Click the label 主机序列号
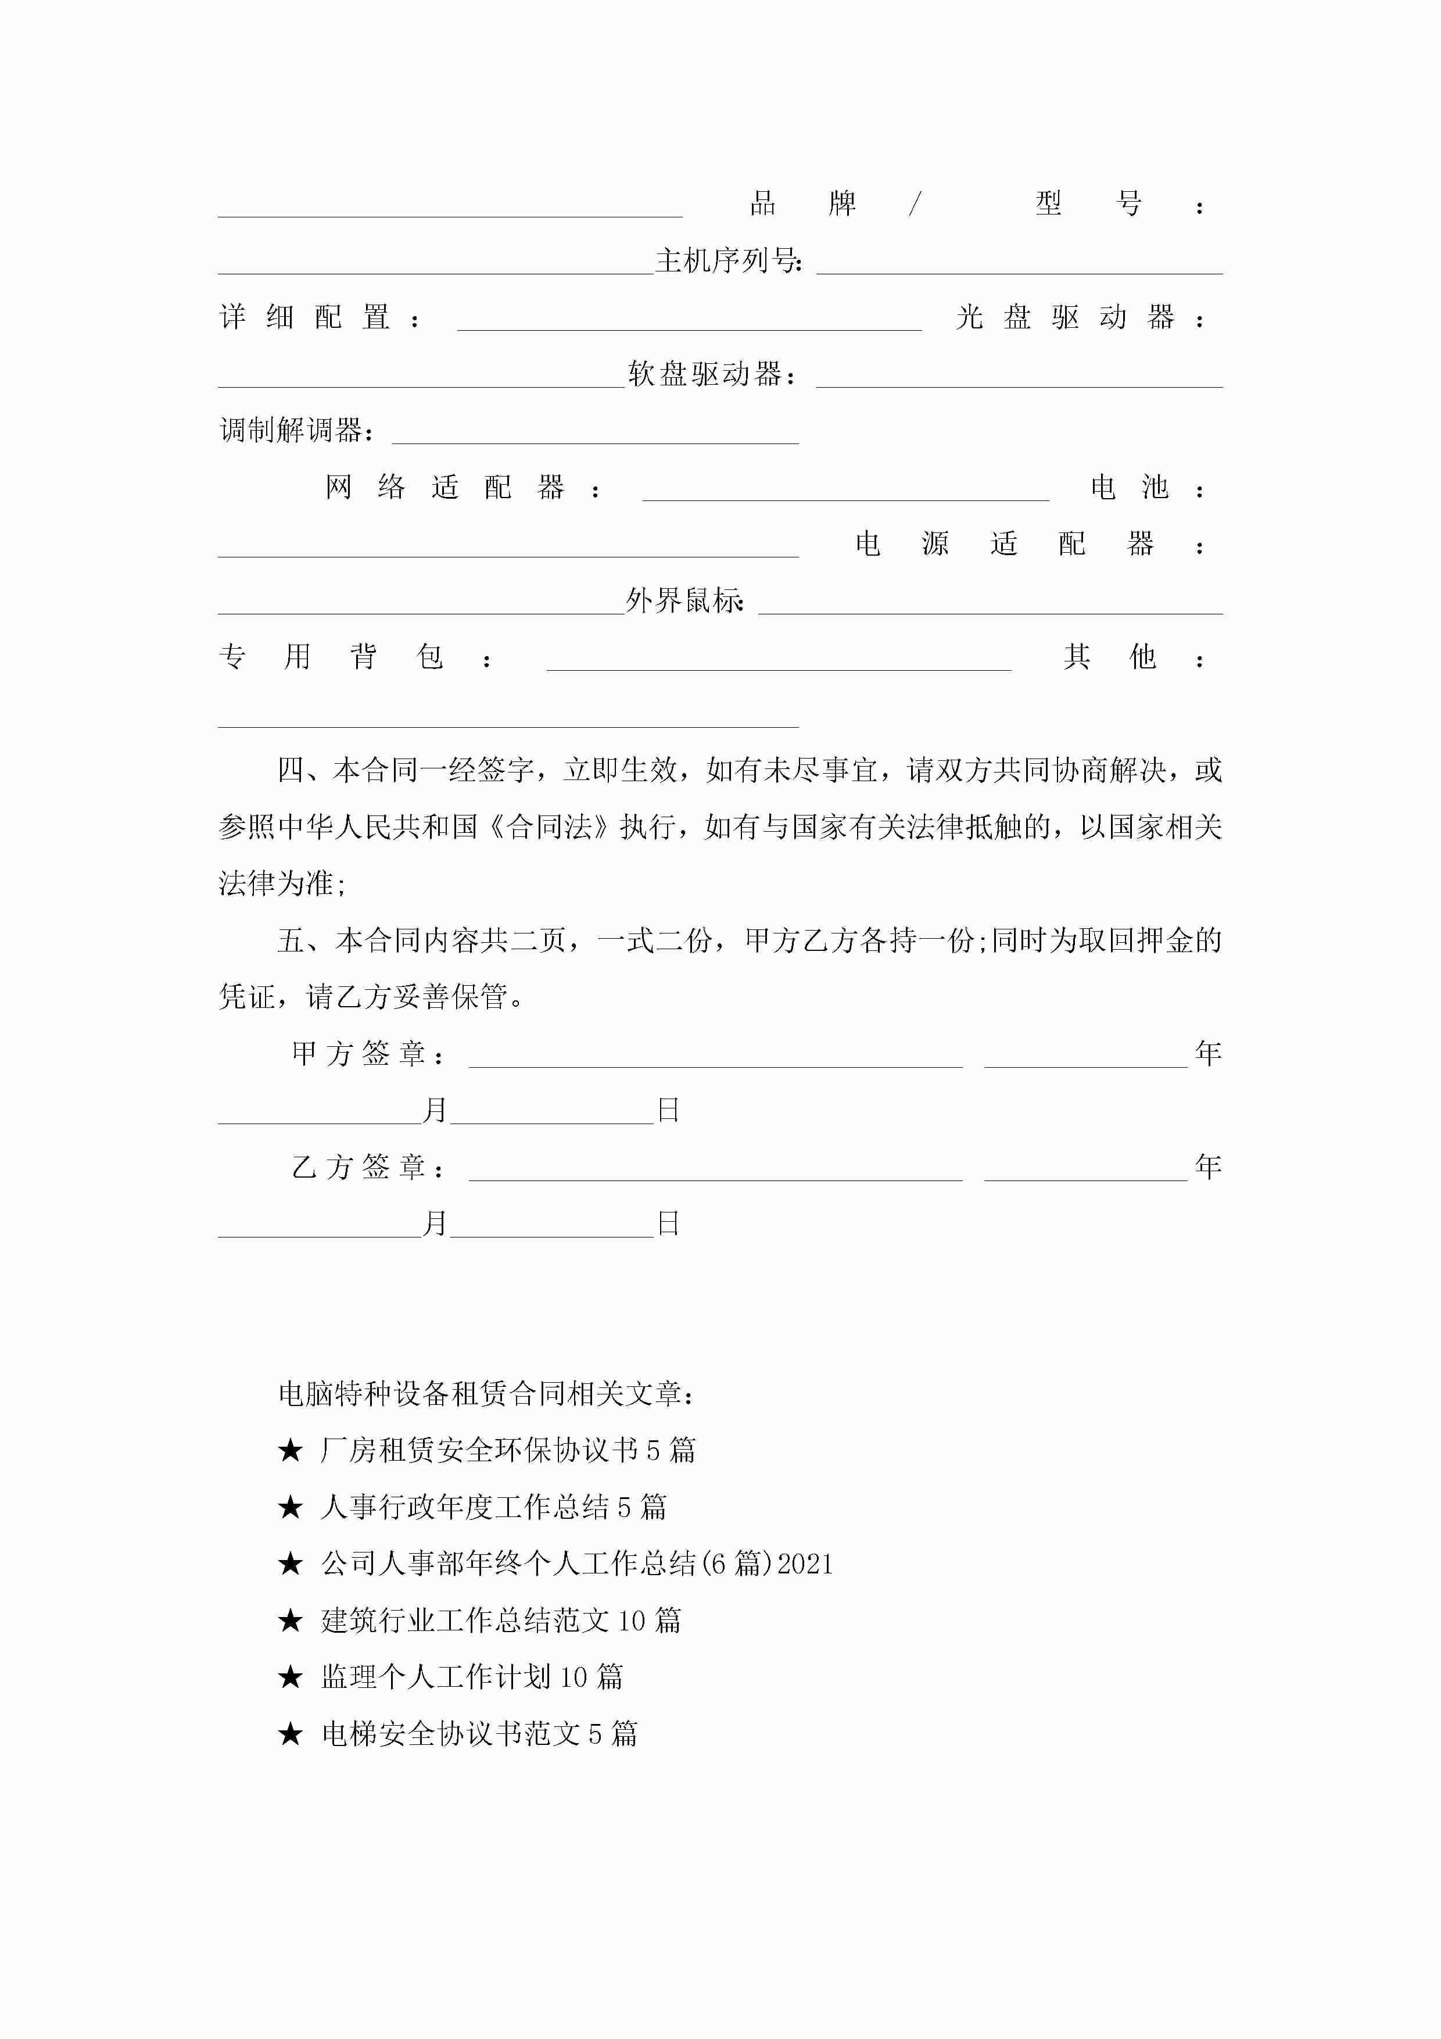tap(728, 260)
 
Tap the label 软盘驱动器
tap(710, 374)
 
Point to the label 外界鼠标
tap(684, 601)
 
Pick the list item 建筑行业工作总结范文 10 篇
tap(501, 1621)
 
